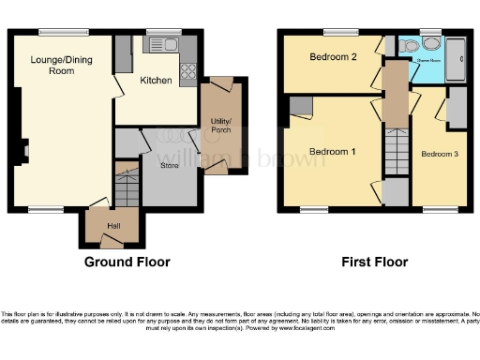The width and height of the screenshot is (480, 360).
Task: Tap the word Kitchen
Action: (156, 82)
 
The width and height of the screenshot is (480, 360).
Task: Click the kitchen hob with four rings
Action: (188, 69)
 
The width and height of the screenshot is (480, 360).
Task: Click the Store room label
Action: (169, 166)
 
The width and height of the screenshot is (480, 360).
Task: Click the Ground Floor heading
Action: (128, 262)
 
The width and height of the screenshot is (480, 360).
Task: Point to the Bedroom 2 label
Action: (333, 57)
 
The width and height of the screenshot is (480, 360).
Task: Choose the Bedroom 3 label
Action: (440, 154)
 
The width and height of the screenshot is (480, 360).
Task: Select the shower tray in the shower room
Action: (457, 59)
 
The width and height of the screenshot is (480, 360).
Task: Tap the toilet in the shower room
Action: (431, 43)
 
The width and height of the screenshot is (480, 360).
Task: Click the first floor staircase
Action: (395, 150)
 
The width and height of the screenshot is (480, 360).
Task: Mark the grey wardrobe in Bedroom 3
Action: (457, 110)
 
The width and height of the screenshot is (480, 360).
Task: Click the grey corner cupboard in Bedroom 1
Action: (300, 107)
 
